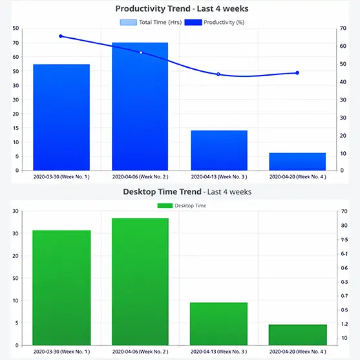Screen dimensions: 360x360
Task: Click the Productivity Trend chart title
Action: pyautogui.click(x=181, y=9)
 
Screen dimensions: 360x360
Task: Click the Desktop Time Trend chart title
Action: pyautogui.click(x=187, y=192)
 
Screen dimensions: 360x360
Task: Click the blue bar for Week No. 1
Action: pyautogui.click(x=61, y=117)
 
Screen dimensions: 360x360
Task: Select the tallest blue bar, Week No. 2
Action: pyautogui.click(x=140, y=107)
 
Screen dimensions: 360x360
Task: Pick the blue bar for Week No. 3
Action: pyautogui.click(x=219, y=150)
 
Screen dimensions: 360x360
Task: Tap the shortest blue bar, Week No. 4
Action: pyautogui.click(x=297, y=162)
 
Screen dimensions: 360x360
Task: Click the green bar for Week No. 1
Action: pyautogui.click(x=61, y=287)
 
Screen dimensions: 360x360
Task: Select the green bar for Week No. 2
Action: pyautogui.click(x=140, y=281)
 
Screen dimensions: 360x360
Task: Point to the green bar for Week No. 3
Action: pyautogui.click(x=219, y=323)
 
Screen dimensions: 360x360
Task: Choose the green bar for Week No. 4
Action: pyautogui.click(x=297, y=334)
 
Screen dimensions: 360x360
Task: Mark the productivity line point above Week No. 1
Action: pyautogui.click(x=61, y=36)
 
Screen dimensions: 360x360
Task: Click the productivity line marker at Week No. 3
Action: pyautogui.click(x=218, y=74)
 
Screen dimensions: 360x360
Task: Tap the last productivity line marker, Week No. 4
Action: pyautogui.click(x=297, y=73)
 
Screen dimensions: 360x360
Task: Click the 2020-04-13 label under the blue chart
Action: pyautogui.click(x=219, y=176)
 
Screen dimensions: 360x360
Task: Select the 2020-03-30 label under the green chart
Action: pyautogui.click(x=61, y=351)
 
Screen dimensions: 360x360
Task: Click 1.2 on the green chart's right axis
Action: pyautogui.click(x=345, y=324)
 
